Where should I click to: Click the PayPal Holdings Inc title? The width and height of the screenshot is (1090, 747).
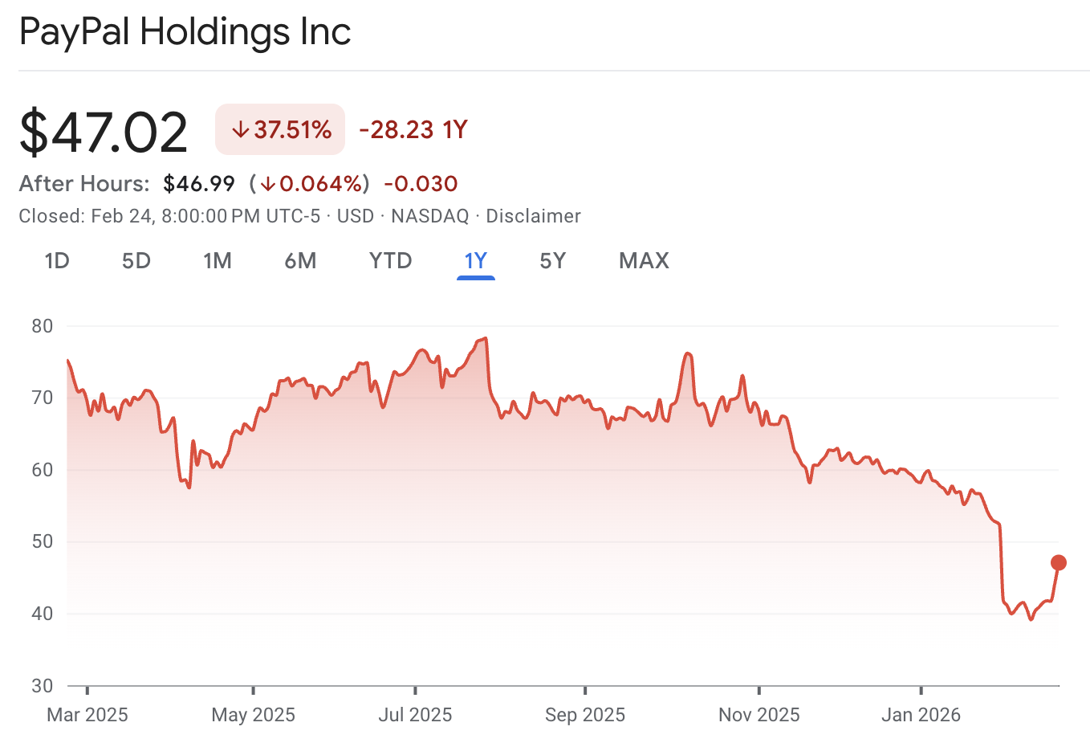coord(185,32)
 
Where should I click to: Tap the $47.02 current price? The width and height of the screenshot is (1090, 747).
coord(104,132)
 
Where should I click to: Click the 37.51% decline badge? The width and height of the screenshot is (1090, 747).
coord(280,129)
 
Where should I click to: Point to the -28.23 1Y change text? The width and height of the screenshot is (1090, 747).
coord(413,129)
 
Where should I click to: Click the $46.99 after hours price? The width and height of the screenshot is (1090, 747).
coord(199,184)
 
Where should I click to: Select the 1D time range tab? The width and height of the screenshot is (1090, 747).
coord(57,261)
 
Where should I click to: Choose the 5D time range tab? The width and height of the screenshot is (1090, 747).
coord(136,261)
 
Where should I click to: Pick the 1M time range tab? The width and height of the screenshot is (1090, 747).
coord(218,261)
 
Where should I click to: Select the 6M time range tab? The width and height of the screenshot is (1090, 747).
coord(300,261)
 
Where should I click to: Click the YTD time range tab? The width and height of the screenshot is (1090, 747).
coord(391,261)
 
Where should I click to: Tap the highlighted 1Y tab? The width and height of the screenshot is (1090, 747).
coord(476,261)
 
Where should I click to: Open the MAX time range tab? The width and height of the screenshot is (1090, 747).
coord(644,261)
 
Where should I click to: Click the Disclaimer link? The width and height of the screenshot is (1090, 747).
coord(533,216)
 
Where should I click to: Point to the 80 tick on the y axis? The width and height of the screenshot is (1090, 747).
coord(43,326)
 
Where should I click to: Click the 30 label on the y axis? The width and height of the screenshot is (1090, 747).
coord(43,686)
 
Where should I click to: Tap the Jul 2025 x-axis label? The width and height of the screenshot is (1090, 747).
coord(415,715)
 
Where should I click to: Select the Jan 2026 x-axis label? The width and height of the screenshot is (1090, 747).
coord(921,715)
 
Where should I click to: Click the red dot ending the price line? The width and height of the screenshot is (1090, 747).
coord(1059,562)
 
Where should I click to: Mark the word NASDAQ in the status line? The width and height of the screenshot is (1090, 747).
coord(429,216)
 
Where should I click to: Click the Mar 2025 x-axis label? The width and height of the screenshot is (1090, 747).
coord(87,715)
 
